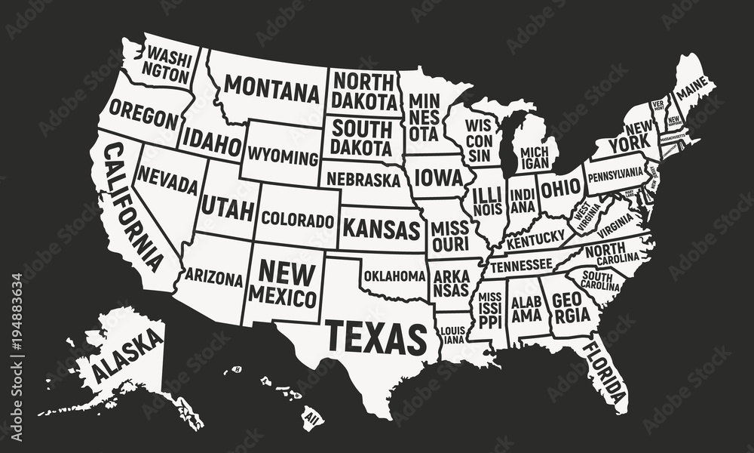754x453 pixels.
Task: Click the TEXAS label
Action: [375, 337]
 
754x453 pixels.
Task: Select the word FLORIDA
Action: [605, 372]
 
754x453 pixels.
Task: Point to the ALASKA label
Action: [127, 356]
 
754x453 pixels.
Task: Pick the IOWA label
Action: [438, 179]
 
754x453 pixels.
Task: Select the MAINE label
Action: [691, 92]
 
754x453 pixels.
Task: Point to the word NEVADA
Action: [168, 181]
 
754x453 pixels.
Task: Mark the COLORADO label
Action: [298, 220]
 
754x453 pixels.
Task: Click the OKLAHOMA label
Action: [394, 276]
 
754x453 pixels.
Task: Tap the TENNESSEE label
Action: [520, 265]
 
